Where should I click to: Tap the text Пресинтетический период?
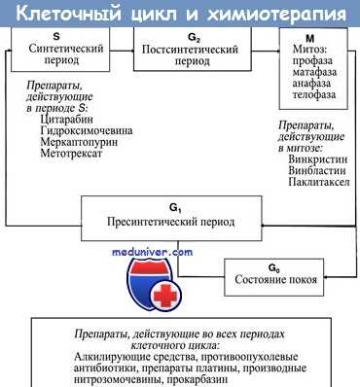pos(173,222)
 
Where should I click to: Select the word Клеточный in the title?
pos(62,14)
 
